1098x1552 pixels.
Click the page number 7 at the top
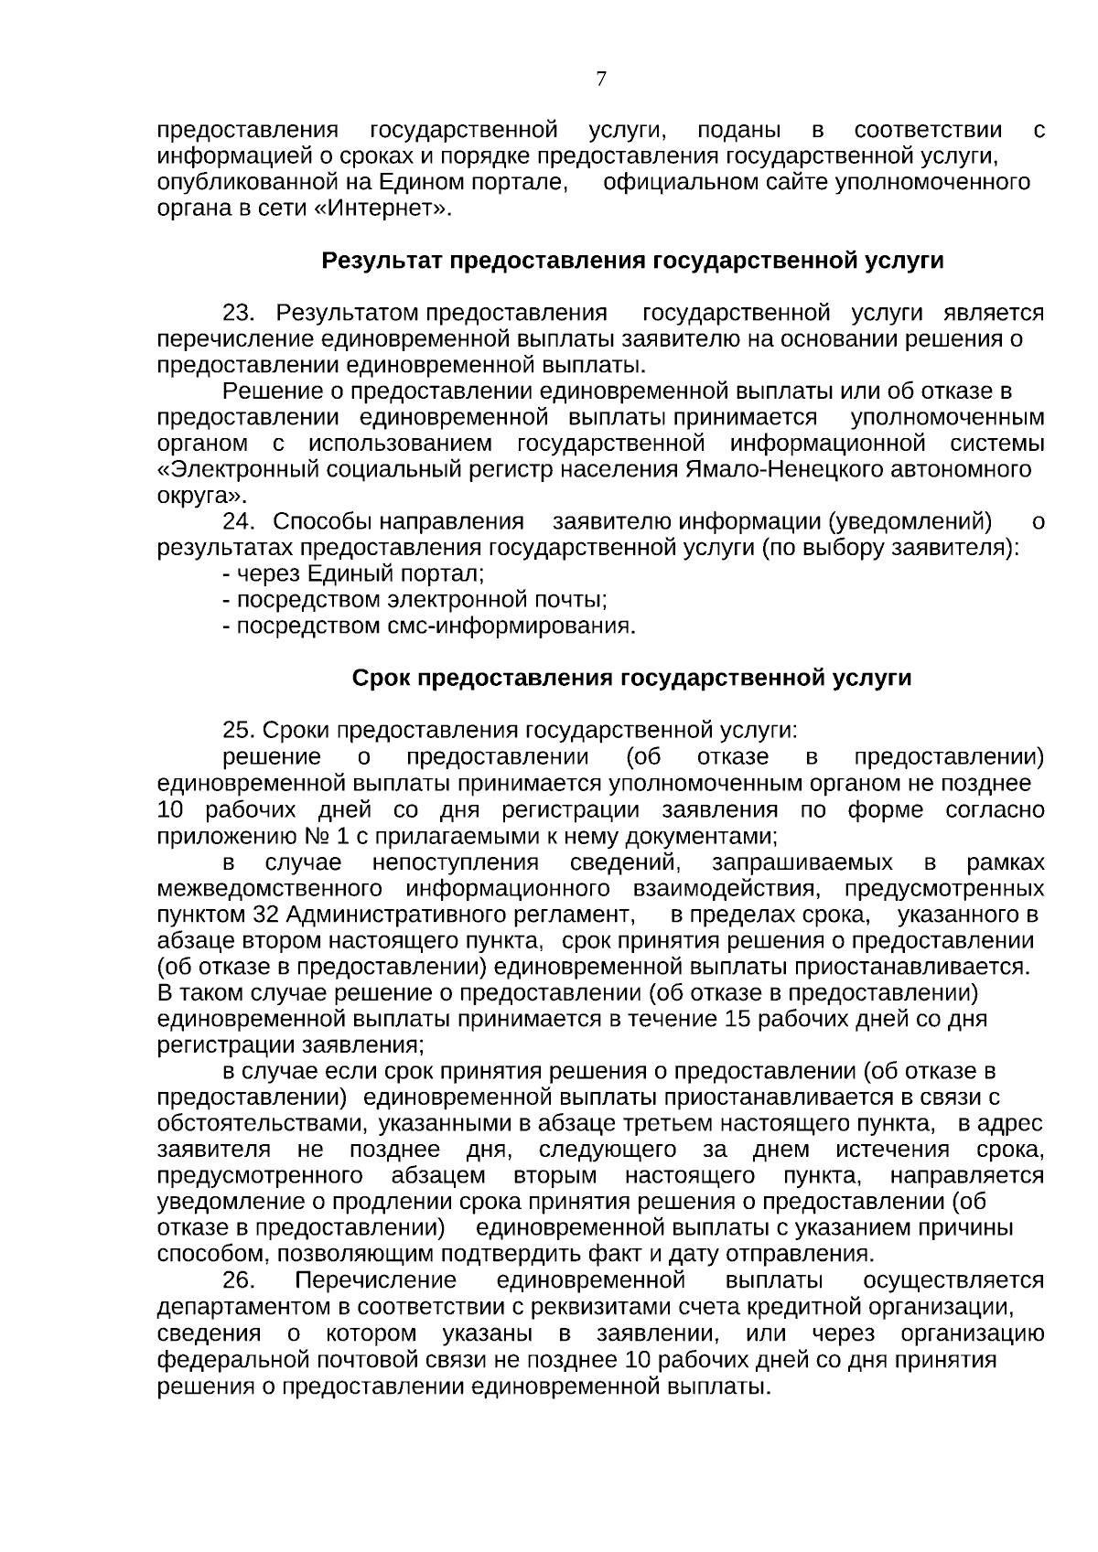pos(601,80)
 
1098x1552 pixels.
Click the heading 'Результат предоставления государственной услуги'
pos(632,262)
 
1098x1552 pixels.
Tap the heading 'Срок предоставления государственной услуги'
pos(632,679)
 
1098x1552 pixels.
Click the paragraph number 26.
pos(241,1279)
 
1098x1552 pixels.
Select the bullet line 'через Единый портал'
pos(353,574)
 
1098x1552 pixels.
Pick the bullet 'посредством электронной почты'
pos(415,601)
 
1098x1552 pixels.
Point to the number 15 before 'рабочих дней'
pos(737,1019)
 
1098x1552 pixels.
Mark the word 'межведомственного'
pos(270,889)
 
